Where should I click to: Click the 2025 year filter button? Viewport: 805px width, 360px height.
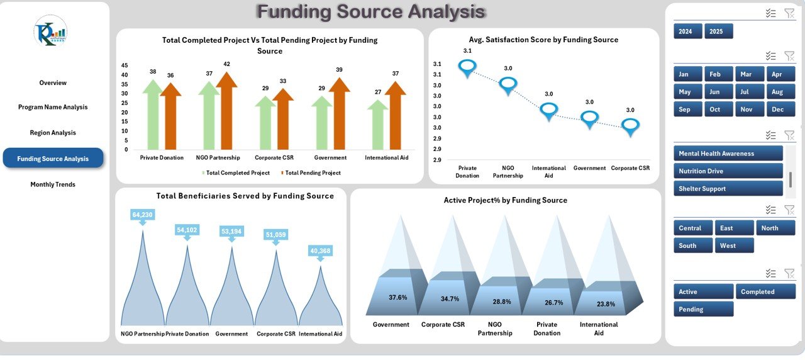(x=718, y=31)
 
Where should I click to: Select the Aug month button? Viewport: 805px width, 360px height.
(x=777, y=92)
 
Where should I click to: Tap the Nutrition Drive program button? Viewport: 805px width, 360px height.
(x=728, y=171)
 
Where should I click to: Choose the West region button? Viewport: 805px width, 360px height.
(x=734, y=245)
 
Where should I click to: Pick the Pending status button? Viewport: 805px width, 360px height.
(x=703, y=309)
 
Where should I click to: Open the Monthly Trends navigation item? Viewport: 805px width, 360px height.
(x=53, y=184)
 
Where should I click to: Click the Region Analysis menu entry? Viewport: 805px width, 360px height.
(x=53, y=133)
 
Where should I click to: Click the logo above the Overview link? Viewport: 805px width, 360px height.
(x=50, y=31)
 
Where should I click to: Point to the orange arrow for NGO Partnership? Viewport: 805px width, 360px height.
(x=226, y=110)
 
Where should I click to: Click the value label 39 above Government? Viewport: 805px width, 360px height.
(x=339, y=70)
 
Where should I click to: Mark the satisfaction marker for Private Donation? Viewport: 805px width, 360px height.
(x=467, y=67)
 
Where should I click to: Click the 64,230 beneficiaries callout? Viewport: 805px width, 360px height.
(x=142, y=215)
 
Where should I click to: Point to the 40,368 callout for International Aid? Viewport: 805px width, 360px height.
(x=320, y=251)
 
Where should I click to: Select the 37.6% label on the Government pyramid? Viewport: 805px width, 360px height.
(x=397, y=298)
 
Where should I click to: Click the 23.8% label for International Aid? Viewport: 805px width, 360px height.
(x=606, y=305)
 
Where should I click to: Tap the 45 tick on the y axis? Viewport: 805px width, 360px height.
(x=125, y=65)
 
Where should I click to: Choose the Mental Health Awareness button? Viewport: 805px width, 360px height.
(x=728, y=154)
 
